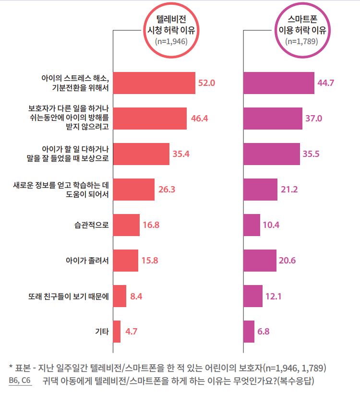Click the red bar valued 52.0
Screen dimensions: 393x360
(154, 83)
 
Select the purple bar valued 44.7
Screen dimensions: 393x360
(279, 83)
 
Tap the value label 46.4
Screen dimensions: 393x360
(199, 119)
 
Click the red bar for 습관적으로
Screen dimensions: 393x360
(126, 225)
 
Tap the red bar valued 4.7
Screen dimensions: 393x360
(117, 331)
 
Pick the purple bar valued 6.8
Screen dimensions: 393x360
(249, 331)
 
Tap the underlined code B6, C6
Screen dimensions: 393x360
(20, 381)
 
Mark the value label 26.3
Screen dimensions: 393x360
(167, 190)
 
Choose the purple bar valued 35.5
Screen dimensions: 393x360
(272, 154)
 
